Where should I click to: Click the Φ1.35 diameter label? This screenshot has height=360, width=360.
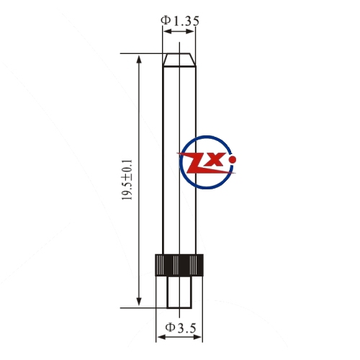pos(180,21)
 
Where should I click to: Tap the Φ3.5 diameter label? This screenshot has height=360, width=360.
pos(181,328)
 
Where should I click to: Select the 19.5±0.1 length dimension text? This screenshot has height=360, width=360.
pos(127,180)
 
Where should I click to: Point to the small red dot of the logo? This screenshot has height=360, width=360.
pos(233,159)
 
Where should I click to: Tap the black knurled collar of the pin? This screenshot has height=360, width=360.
pos(179,265)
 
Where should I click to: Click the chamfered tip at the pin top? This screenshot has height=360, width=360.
pos(179,60)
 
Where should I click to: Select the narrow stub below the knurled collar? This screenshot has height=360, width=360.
pos(179,292)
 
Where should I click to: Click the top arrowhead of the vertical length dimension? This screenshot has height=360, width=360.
pos(139,58)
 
